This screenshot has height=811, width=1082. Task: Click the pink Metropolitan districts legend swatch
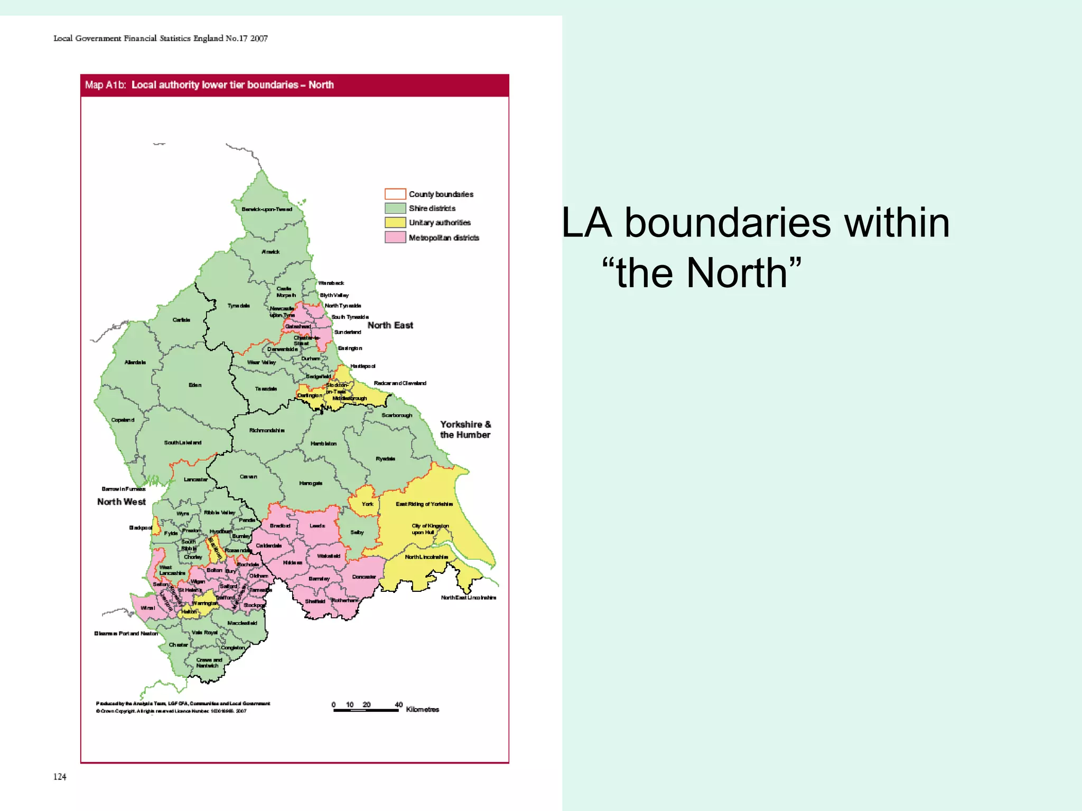(395, 237)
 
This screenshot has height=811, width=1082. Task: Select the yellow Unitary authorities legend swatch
(395, 222)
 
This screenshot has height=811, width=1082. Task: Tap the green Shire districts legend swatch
(395, 208)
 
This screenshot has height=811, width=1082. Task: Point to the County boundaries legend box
(395, 194)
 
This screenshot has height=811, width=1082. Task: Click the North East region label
(390, 325)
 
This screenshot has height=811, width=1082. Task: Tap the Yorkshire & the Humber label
(465, 429)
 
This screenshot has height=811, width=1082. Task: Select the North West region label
(121, 502)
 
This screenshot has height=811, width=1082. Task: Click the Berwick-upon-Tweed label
(266, 209)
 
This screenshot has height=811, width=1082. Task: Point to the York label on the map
(367, 504)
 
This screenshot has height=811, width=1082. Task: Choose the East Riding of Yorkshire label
(424, 504)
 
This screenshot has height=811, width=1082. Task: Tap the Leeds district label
(317, 525)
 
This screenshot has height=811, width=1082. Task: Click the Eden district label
(195, 385)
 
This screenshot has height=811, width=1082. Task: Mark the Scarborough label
(397, 415)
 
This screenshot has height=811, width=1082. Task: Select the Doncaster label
(364, 577)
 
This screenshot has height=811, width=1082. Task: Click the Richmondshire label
(267, 430)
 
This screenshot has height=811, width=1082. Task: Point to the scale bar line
(366, 711)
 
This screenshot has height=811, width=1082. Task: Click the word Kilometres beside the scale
(422, 709)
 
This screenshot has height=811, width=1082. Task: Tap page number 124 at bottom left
(60, 776)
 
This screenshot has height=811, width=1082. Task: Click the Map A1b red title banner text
(209, 85)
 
